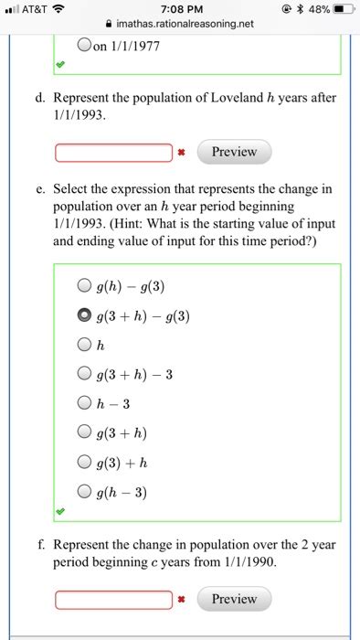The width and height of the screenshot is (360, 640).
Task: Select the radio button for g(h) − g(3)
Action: [84, 286]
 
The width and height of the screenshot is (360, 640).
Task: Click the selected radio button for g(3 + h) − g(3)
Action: [84, 315]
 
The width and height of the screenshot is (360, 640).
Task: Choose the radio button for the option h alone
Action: [84, 345]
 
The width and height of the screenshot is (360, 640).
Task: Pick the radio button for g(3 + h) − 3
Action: [84, 373]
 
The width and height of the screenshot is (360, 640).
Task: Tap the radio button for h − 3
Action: [84, 402]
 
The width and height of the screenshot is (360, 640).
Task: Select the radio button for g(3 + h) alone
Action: [84, 432]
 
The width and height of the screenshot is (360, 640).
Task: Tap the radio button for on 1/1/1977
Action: [84, 44]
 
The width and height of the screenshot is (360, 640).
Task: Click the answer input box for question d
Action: [113, 152]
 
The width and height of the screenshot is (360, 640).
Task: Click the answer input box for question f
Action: [113, 599]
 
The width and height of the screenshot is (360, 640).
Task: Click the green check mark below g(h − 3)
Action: [60, 510]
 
